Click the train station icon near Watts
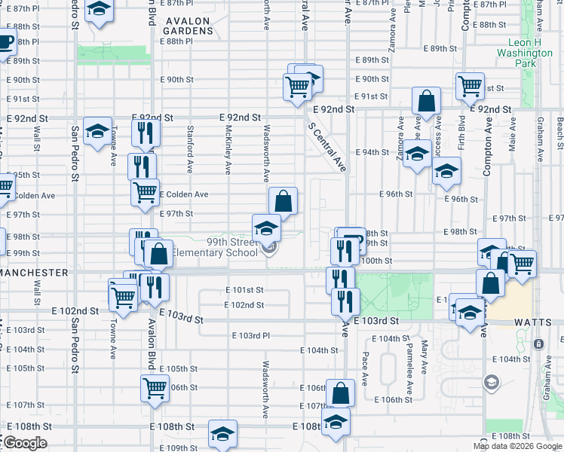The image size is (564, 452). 538,344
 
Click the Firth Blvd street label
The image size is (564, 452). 461,143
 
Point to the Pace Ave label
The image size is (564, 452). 365,366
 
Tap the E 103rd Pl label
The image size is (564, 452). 250,335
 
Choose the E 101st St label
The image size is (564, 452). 244,289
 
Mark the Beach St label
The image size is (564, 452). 559,131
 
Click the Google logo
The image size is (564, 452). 25,443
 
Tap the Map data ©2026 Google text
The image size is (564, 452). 516,446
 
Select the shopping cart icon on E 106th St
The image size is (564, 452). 155,389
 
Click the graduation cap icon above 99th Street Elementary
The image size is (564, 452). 266,226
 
